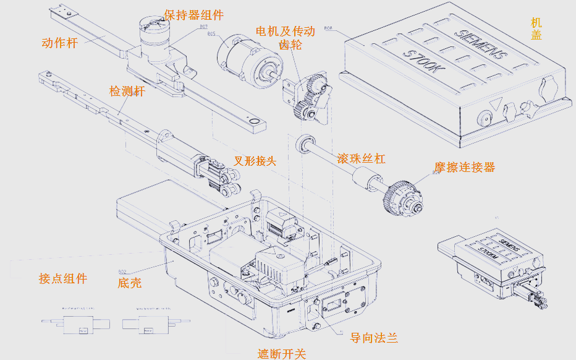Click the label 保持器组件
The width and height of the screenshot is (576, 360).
193,15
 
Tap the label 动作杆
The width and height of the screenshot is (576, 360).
59,43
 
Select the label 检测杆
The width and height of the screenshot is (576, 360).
127,92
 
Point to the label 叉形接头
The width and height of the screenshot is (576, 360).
255,160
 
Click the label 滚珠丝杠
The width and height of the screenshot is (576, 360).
361,158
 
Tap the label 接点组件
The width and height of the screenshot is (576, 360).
62,278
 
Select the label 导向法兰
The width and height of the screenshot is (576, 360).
373,337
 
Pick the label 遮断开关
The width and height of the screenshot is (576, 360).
281,353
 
